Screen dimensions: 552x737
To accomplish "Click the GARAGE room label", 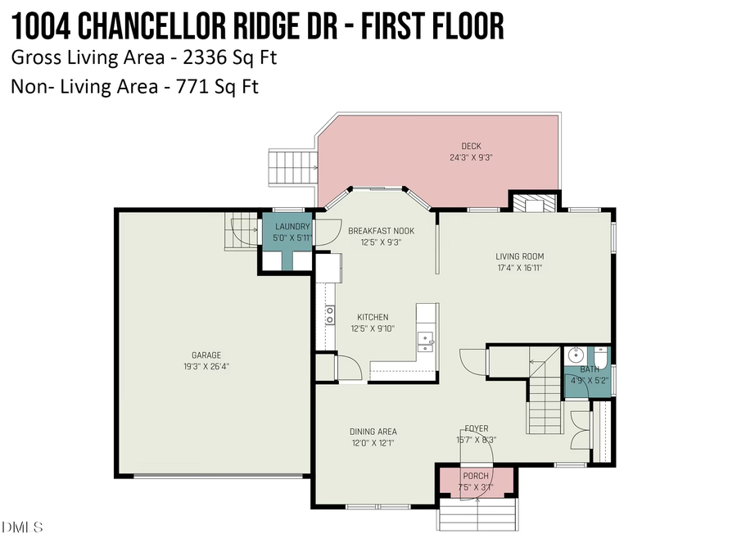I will pos(206,355).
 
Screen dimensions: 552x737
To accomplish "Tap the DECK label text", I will pos(471,147).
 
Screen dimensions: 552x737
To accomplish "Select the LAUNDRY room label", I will pos(292,227).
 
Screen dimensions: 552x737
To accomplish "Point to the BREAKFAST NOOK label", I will pos(381,231).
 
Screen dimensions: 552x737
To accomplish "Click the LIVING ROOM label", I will pos(520,256).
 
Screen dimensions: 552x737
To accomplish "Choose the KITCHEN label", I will pos(373,318).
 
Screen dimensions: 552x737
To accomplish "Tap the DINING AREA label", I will pos(373,432).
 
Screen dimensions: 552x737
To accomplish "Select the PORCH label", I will pos(476,476).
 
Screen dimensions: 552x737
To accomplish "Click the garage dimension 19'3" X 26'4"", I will pos(206,367).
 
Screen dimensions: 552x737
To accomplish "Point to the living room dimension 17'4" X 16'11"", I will pos(520,267).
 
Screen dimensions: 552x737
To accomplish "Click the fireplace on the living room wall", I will pos(534,202).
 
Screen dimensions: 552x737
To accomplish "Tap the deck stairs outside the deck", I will pos(292,168).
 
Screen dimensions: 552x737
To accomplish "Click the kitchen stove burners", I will pos(330,314).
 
